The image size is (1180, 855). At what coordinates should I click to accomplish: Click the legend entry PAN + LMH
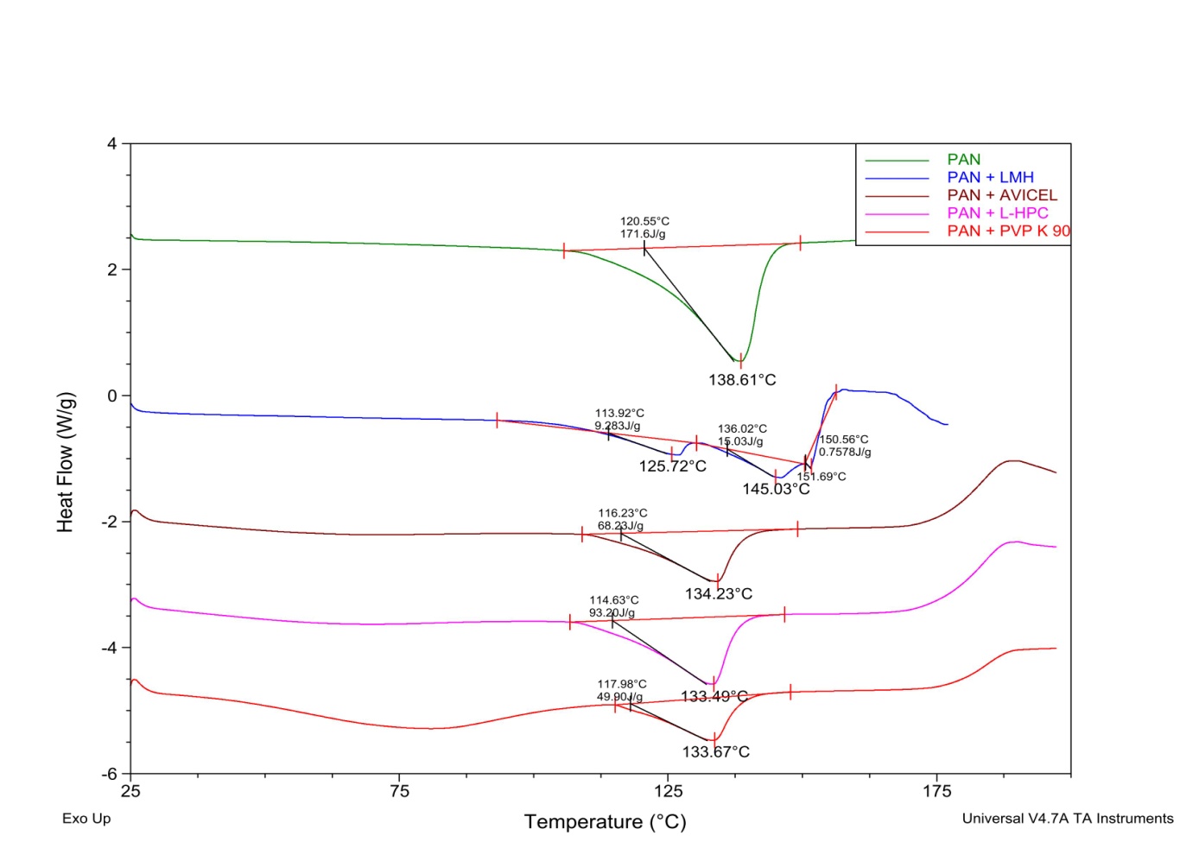click(990, 177)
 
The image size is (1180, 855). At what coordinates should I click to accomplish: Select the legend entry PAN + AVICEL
click(1001, 195)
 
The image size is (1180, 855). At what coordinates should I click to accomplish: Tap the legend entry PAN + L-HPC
click(997, 213)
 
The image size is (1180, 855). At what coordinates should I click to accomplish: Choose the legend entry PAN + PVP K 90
click(1008, 231)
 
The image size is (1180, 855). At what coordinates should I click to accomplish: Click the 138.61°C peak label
click(742, 380)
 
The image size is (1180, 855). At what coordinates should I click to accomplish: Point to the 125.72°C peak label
click(672, 466)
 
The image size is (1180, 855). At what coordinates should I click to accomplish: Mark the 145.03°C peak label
click(776, 489)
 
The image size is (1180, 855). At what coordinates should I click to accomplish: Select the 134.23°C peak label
click(718, 594)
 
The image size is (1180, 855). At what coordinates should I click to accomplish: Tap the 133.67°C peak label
click(715, 752)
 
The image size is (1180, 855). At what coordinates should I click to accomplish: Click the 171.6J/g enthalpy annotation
click(643, 234)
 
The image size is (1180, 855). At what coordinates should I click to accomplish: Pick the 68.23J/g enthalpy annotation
click(620, 526)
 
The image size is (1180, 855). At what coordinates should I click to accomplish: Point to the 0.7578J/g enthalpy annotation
click(845, 452)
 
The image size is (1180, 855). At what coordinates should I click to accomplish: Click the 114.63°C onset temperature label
click(614, 600)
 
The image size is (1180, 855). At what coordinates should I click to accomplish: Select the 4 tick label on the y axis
click(112, 143)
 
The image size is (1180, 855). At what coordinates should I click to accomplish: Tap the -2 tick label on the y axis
click(109, 522)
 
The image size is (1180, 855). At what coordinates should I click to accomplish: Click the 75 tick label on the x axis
click(399, 791)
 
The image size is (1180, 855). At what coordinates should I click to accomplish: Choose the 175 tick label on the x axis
click(936, 791)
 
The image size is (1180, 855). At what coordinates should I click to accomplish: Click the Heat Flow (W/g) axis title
click(66, 462)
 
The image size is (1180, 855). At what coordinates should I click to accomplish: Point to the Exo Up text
click(86, 819)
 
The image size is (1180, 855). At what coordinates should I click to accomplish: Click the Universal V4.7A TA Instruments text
click(1068, 819)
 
